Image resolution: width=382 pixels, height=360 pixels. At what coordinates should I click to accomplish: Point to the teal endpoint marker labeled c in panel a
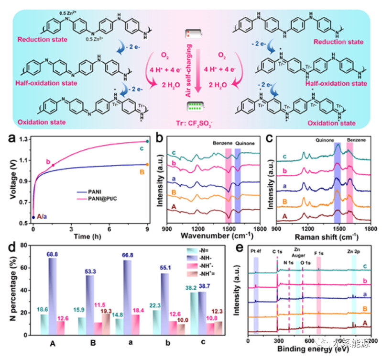click(x=148, y=141)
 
